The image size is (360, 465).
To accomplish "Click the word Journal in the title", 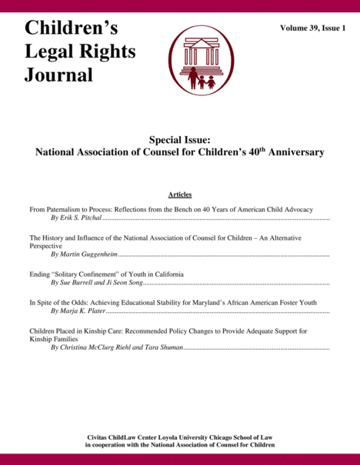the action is (x=58, y=75).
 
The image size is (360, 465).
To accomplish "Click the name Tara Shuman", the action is (x=165, y=347).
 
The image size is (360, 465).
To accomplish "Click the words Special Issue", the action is (x=179, y=139).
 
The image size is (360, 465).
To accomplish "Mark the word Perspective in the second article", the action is (x=45, y=245).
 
